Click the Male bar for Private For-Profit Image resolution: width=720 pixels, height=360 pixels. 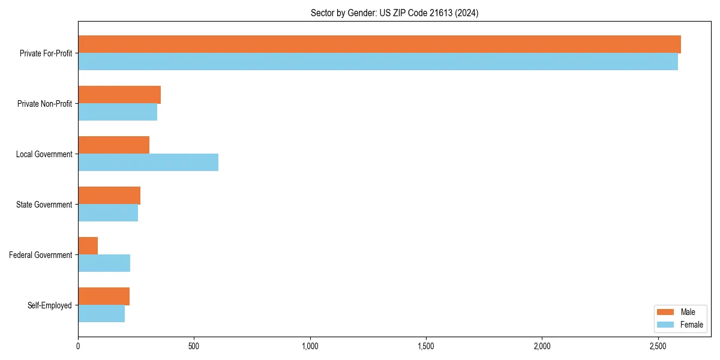[x=379, y=44]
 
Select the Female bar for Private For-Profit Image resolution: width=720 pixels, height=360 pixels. [x=378, y=62]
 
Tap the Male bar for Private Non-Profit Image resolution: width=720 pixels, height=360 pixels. [x=119, y=95]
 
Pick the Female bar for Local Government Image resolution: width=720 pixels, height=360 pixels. [x=148, y=163]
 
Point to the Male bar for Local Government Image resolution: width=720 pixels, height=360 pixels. [x=113, y=145]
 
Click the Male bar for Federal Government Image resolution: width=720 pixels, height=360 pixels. [x=88, y=246]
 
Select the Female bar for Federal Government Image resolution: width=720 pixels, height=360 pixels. [x=104, y=263]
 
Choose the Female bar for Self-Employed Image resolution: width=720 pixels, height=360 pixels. [x=101, y=314]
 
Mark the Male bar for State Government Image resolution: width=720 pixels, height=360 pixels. [x=109, y=196]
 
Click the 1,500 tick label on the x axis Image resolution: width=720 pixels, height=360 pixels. [x=426, y=346]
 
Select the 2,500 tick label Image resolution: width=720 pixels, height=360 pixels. [x=658, y=346]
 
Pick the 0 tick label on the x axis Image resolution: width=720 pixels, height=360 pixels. [x=78, y=346]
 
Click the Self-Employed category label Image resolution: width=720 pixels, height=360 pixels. [x=50, y=305]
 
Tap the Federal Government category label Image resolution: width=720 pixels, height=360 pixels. [x=41, y=255]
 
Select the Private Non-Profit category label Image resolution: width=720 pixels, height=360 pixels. [x=44, y=104]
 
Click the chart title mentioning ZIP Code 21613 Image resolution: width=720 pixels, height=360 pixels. [x=394, y=13]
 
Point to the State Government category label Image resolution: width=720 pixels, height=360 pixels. [x=44, y=205]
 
